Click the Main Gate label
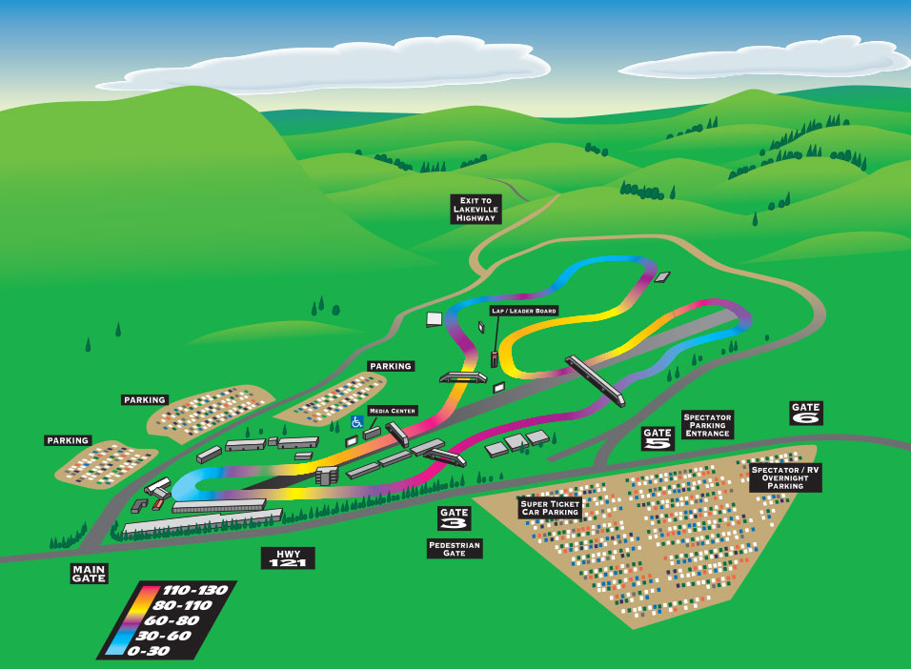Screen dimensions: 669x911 point(89,573)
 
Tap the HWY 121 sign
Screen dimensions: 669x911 point(288,557)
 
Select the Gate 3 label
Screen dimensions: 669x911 point(455,518)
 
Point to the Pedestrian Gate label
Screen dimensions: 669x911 point(455,548)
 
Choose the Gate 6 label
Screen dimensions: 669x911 point(806,413)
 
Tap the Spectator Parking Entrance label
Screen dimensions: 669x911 point(707,425)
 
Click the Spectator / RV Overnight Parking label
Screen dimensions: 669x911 point(786,477)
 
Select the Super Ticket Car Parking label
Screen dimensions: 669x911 point(550,508)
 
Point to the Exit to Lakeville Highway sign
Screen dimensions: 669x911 point(475,209)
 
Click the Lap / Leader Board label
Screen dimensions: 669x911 point(523,311)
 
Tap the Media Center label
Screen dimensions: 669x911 point(393,411)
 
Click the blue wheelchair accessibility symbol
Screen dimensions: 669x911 point(357,419)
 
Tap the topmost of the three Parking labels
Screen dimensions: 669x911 point(391,366)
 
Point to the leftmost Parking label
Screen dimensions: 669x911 point(68,440)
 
